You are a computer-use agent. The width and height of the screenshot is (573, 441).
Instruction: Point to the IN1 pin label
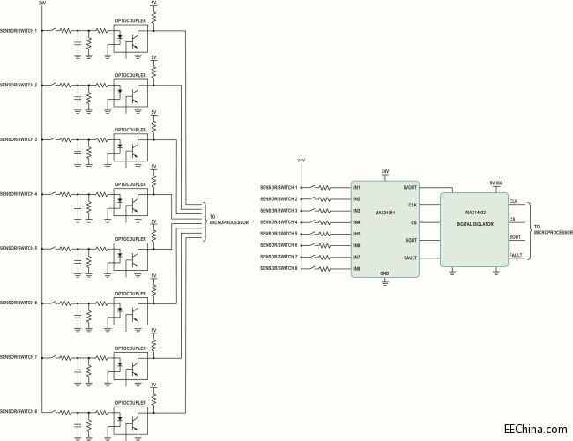(357, 188)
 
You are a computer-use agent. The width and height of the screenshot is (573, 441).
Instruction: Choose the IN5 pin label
(357, 234)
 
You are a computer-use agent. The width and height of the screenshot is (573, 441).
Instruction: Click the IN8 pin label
(357, 268)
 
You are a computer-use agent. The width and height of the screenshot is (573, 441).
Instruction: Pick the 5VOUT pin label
(410, 188)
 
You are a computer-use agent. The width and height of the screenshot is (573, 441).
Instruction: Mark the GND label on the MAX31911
(384, 273)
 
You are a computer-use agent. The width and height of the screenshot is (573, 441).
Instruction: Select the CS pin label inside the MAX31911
(413, 222)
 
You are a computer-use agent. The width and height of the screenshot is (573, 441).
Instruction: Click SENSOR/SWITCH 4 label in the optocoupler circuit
(19, 194)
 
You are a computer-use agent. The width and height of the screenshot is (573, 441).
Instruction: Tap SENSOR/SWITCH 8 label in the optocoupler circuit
(19, 412)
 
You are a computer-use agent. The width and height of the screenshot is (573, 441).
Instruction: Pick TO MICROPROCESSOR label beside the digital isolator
(553, 229)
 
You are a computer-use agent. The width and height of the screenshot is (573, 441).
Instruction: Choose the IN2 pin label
(357, 199)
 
